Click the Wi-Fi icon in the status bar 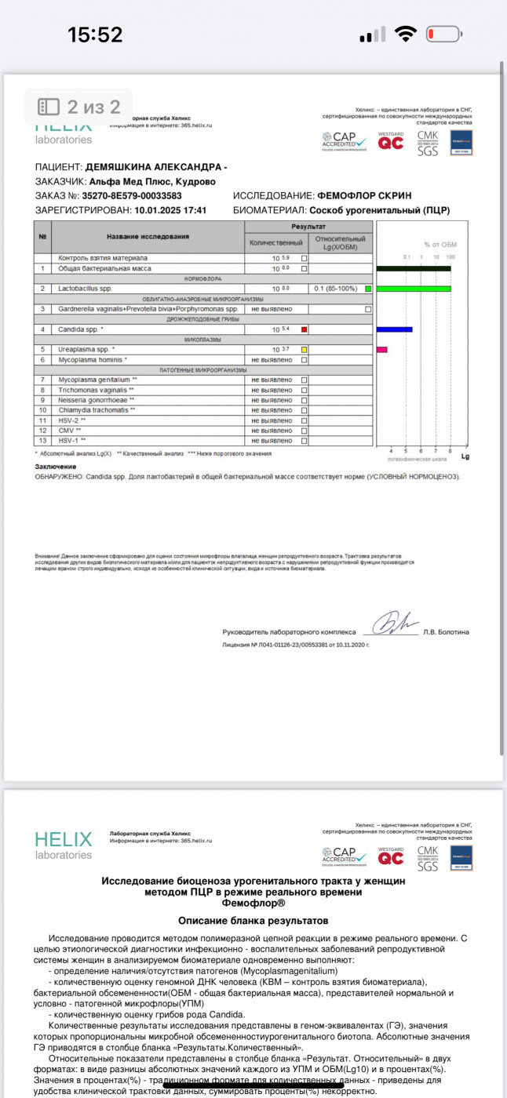click(x=405, y=35)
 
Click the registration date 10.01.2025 click(x=161, y=210)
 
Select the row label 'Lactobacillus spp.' click(x=86, y=289)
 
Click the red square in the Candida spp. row click(x=304, y=329)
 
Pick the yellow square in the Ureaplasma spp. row click(x=304, y=349)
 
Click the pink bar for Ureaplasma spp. click(x=382, y=349)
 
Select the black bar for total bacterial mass click(x=414, y=268)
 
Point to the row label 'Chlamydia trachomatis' click(x=97, y=410)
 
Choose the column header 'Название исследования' click(x=148, y=236)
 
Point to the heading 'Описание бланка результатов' click(x=253, y=920)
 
